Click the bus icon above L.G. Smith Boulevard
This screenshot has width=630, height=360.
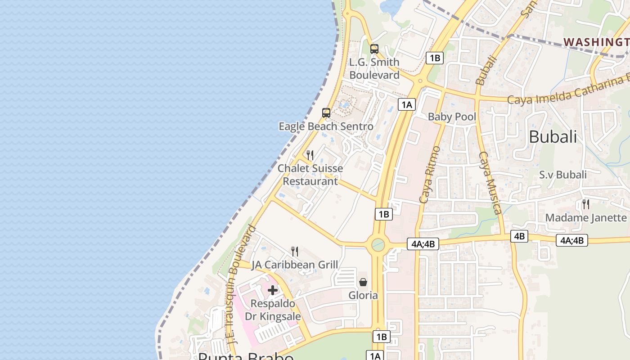[x=374, y=49]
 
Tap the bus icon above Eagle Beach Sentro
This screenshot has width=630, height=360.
[x=326, y=113]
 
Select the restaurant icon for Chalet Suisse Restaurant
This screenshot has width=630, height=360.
[x=310, y=155]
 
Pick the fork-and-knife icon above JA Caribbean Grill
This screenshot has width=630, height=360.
[x=295, y=251]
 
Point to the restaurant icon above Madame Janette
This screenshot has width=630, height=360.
[x=585, y=204]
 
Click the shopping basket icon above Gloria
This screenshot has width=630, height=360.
[x=363, y=282]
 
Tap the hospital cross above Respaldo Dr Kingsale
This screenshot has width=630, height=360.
[x=273, y=290]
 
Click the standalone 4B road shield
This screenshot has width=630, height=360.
[x=519, y=236]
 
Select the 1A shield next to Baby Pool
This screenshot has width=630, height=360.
[x=406, y=105]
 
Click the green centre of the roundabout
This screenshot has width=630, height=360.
[x=378, y=245]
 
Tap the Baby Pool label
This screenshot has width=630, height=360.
[x=452, y=117]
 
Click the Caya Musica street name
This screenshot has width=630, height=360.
[x=490, y=182]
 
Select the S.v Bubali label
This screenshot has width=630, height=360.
[x=563, y=175]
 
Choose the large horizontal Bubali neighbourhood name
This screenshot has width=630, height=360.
[x=553, y=137]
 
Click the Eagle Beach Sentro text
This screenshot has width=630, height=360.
[x=326, y=126]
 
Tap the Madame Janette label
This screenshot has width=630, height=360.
[x=586, y=218]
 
